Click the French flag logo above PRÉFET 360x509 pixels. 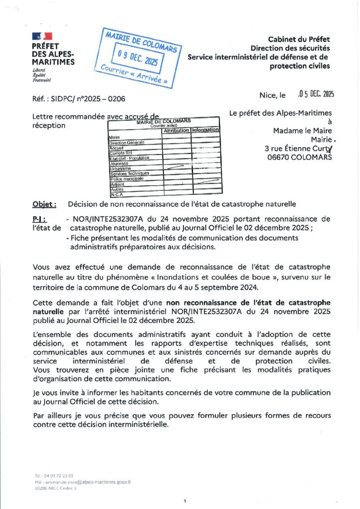click(42, 36)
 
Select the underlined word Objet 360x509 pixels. click(43, 204)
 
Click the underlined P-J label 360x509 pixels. click(39, 219)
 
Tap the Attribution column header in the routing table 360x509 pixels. click(176, 130)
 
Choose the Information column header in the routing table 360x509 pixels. click(205, 130)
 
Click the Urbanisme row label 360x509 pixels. click(120, 169)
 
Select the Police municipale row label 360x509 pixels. click(126, 178)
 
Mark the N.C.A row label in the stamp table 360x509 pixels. click(115, 194)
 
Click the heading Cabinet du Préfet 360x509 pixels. click(299, 39)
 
